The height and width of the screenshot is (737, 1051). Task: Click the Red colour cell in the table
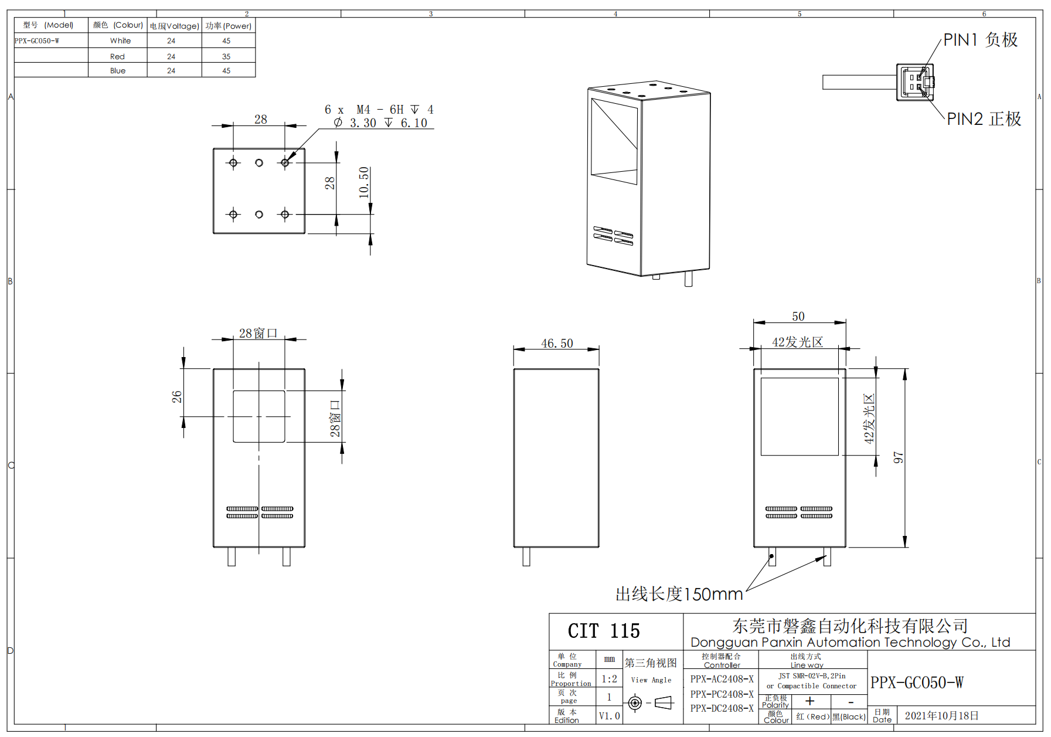click(117, 56)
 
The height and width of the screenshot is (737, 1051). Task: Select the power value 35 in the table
click(226, 56)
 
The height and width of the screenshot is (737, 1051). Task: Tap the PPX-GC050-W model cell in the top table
click(37, 41)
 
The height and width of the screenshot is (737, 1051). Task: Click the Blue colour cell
click(117, 70)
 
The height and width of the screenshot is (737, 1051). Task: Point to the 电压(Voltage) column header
click(174, 26)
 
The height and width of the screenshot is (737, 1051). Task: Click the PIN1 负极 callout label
click(980, 40)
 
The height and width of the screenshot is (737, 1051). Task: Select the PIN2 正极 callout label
click(984, 119)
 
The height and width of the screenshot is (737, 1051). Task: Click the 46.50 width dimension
click(556, 343)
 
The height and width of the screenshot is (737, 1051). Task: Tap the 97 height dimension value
click(898, 457)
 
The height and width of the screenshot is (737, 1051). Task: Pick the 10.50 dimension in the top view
click(364, 182)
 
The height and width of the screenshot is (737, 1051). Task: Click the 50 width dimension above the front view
click(798, 317)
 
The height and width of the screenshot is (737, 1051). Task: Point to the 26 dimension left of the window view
click(176, 397)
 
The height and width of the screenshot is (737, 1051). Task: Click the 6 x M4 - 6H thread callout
click(379, 110)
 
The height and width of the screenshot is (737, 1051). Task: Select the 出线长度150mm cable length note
click(679, 594)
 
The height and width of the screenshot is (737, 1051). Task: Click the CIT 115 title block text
click(604, 631)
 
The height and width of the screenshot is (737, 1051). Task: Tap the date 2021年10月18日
click(941, 715)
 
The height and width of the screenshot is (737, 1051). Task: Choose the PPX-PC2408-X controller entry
click(722, 694)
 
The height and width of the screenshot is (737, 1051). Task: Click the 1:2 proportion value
click(609, 679)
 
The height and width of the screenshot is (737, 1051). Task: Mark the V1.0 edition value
click(609, 716)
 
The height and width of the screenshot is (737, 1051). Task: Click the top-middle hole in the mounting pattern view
click(259, 163)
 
